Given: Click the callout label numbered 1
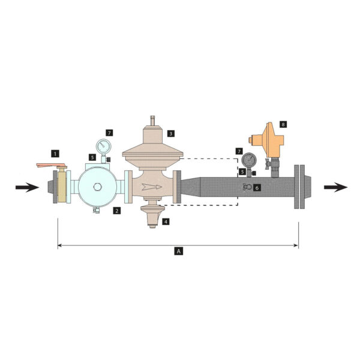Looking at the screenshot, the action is pos(55,154).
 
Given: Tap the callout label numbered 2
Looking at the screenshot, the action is pos(116,211).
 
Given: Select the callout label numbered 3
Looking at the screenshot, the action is pos(170,133).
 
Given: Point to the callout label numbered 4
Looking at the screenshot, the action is pos(166,221).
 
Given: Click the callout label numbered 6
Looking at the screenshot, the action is pos(257,188).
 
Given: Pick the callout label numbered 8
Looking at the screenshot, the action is pos(283,124).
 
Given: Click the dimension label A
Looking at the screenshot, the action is pos(178,251).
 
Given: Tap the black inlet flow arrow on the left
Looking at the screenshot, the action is pos(27,187).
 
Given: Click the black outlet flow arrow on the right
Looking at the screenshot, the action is pos(335,187).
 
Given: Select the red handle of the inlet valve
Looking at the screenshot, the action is pos(52,166).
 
